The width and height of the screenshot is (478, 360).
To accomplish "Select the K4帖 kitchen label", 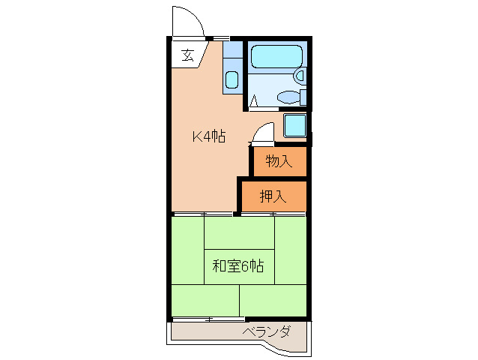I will [x=209, y=136].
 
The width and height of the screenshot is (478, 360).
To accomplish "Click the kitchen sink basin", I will [x=232, y=79].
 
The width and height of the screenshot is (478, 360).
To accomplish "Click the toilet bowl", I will [x=287, y=97].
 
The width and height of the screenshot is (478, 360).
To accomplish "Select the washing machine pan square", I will [x=295, y=124].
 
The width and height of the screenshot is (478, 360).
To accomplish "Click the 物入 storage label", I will [x=279, y=160].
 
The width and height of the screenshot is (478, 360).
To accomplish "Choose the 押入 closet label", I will [x=273, y=196].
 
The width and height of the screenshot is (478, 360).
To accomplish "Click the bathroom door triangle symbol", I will [x=255, y=100].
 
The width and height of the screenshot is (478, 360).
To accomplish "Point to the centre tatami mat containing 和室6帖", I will [x=238, y=266].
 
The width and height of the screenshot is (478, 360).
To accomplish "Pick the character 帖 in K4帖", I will [x=219, y=136].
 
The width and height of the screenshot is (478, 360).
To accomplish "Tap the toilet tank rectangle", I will [x=303, y=97].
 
